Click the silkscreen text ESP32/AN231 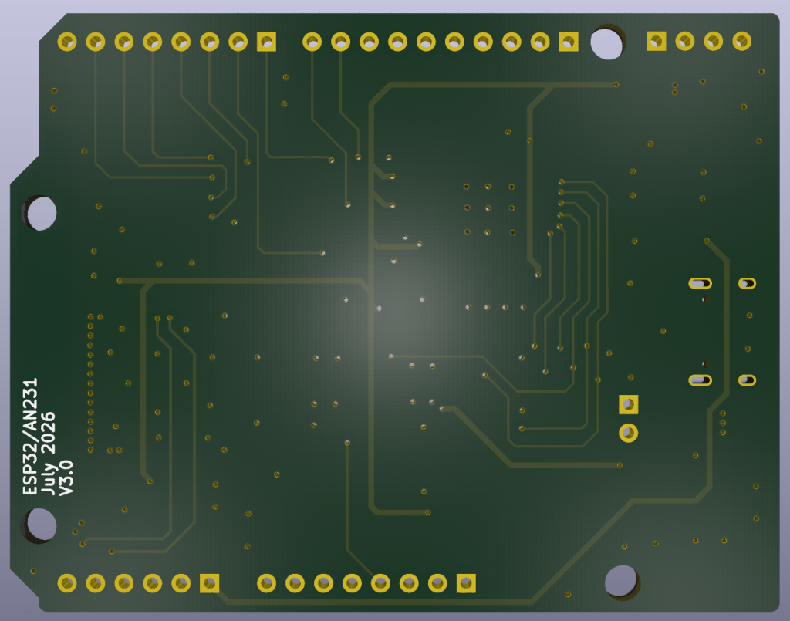coord(30,436)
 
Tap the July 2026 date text coord(47,454)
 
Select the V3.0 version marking coord(66,478)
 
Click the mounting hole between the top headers coord(606,42)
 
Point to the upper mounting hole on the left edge coord(40,213)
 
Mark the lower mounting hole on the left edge coord(40,525)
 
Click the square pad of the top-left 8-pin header coord(266,42)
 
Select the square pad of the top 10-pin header coord(569,42)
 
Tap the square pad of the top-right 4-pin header coord(657,42)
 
